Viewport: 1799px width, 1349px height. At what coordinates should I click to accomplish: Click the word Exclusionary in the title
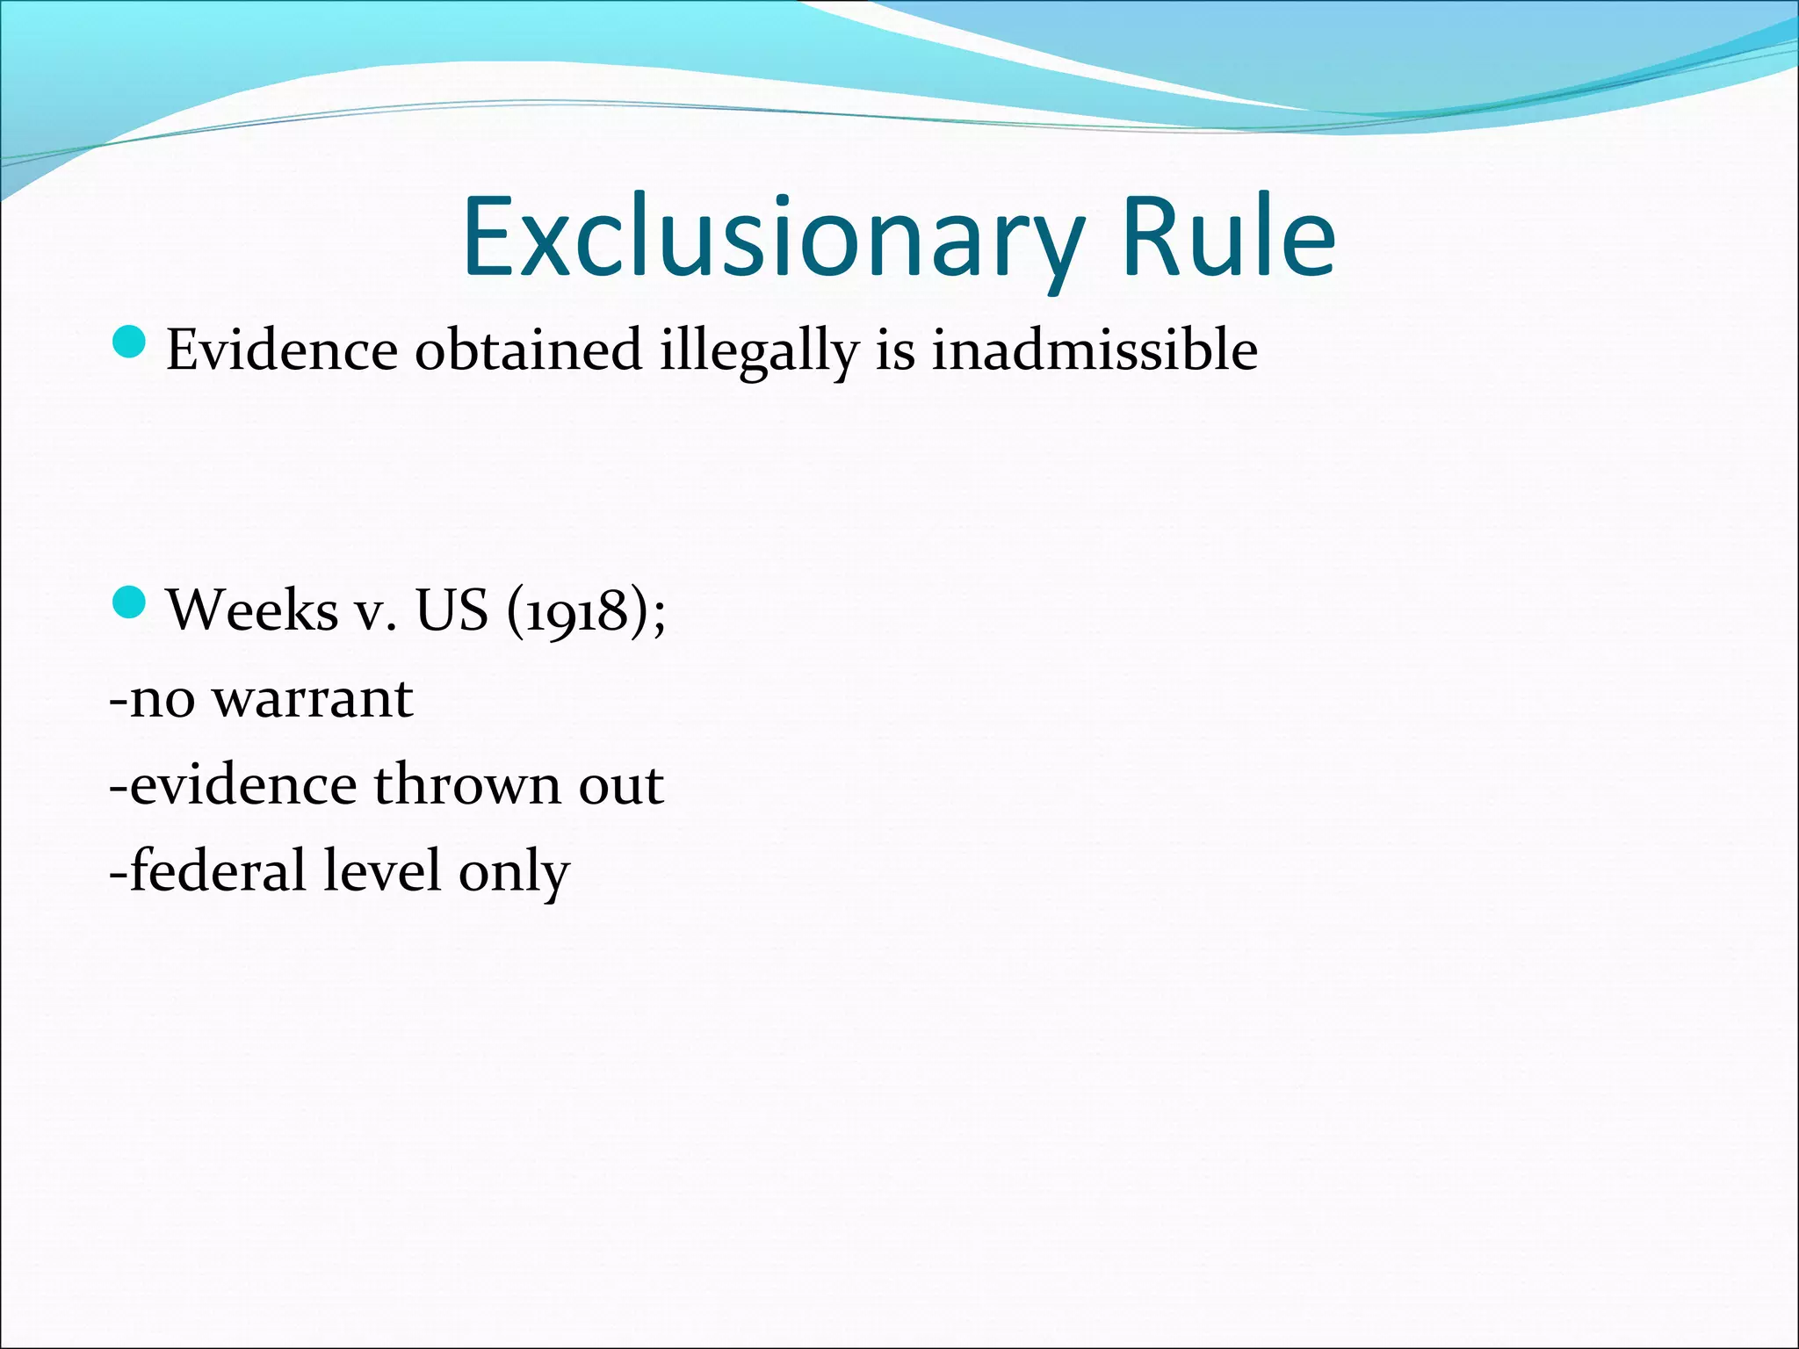773,237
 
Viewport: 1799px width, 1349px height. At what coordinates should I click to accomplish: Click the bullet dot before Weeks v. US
129,603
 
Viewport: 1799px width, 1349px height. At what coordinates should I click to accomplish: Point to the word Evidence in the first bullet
282,350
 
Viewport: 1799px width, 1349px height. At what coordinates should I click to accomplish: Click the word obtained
528,350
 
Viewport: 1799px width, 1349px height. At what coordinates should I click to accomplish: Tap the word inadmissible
1095,350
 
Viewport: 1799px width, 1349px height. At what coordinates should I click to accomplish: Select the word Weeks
252,610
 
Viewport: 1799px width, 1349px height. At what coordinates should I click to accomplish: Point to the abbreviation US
452,610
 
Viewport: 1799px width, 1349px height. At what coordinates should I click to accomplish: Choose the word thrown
467,784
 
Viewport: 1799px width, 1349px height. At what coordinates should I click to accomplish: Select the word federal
219,870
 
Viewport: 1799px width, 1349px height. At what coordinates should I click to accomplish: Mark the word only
514,874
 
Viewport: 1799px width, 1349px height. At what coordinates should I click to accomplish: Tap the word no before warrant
163,701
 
